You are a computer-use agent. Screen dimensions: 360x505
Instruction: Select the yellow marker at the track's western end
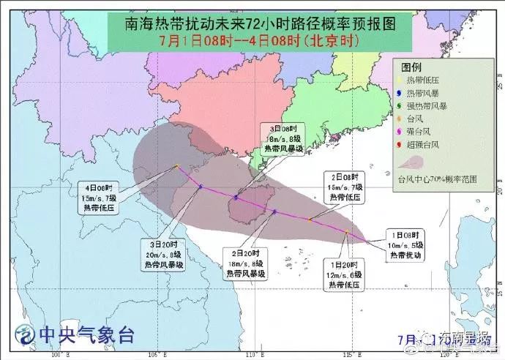tap(177, 167)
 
